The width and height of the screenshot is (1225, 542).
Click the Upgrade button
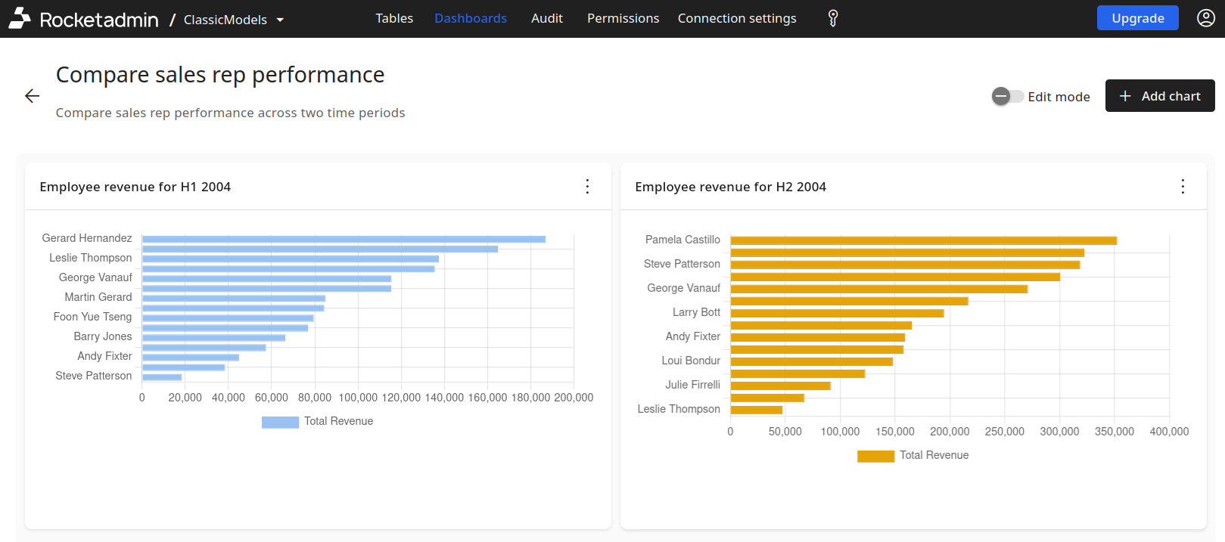1137,18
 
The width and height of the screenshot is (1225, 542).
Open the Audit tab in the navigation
546,18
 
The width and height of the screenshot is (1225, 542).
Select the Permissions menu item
623,18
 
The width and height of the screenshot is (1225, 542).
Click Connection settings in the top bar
736,18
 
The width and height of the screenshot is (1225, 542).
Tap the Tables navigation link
394,18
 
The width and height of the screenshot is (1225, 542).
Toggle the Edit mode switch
1007,96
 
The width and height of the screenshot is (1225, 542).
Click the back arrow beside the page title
32,96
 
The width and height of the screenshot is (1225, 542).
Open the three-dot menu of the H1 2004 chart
587,187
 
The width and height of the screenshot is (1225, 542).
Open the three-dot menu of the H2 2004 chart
1183,187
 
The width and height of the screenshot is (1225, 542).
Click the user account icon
1206,18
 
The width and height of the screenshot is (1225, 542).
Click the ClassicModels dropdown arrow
280,20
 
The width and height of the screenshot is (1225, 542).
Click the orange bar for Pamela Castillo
923,240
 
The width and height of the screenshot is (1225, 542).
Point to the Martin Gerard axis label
98,297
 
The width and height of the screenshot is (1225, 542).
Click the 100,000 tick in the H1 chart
358,398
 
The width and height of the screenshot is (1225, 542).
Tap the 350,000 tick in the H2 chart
1114,432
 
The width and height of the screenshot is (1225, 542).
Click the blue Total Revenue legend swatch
280,422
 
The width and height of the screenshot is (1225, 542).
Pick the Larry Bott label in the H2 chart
696,312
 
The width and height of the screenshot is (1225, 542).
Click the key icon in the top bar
833,18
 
